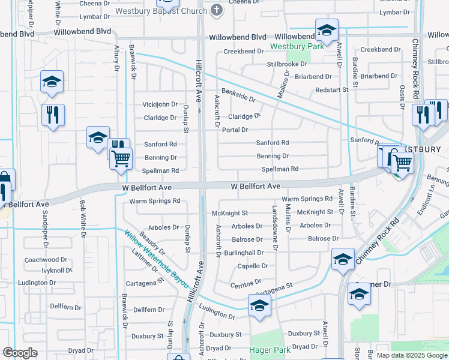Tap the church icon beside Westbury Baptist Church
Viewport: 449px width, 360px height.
217,10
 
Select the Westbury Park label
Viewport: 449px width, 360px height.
297,46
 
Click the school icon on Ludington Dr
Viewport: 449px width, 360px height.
259,305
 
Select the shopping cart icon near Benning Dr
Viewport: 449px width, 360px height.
121,158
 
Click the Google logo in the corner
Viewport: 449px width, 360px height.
20,353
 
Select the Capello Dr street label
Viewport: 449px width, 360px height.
252,266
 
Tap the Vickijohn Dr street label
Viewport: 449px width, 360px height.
160,104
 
